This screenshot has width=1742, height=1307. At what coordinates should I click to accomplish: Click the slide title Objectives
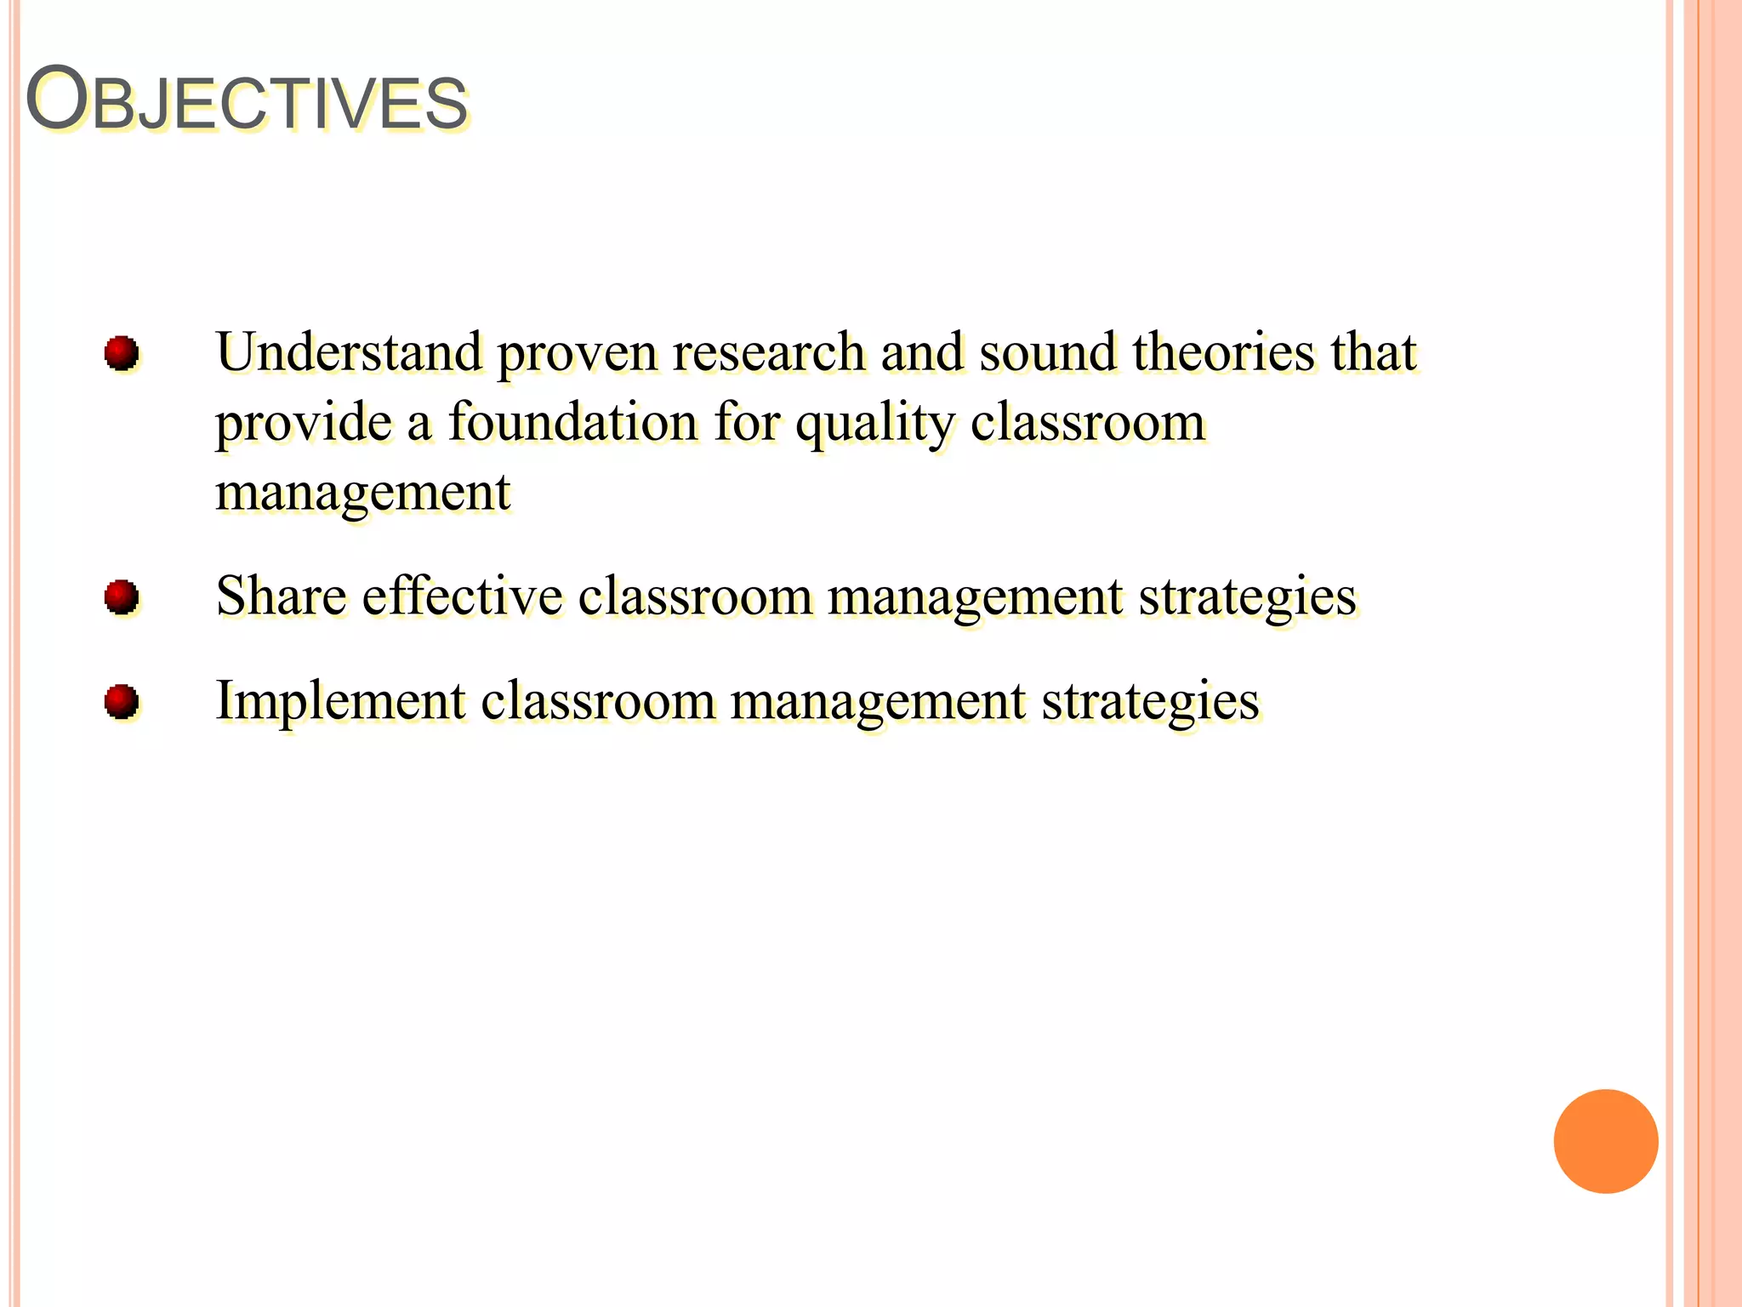coord(247,100)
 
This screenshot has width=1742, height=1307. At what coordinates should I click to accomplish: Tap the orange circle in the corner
coord(1605,1141)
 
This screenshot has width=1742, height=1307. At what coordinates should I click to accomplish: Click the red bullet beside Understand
coord(121,352)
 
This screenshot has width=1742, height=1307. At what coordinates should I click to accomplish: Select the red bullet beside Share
coord(121,596)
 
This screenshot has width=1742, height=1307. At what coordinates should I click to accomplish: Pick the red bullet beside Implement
coord(121,702)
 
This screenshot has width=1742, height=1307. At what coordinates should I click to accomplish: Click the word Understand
coord(349,352)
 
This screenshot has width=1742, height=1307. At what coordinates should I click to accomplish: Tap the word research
coord(769,352)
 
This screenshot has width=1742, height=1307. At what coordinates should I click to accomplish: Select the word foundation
coord(572,422)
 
